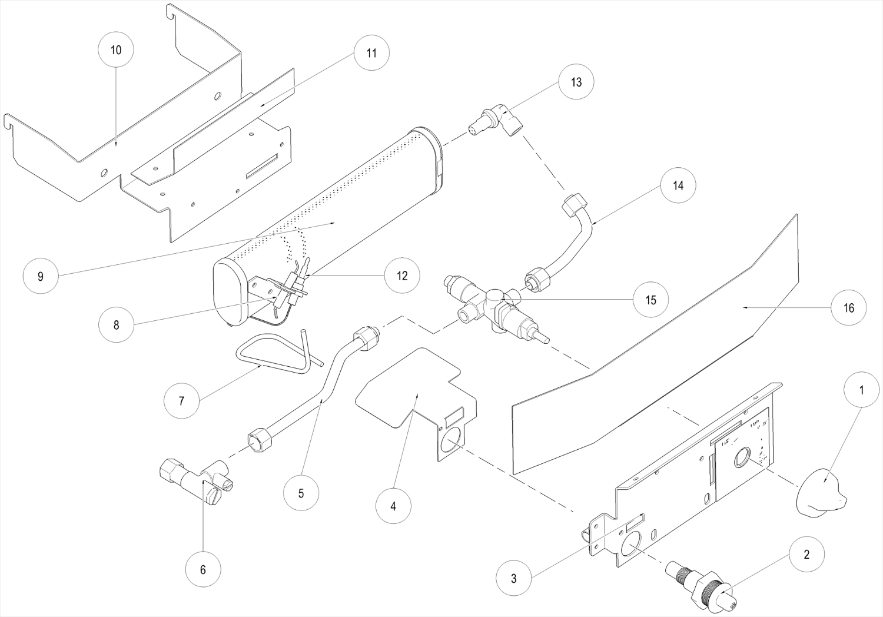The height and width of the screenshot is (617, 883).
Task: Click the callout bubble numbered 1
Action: [862, 389]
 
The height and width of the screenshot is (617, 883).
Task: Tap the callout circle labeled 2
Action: [806, 554]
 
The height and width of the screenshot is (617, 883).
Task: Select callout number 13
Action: [576, 82]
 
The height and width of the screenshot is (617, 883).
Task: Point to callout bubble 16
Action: [849, 308]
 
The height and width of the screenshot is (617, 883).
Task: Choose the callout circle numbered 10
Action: [116, 50]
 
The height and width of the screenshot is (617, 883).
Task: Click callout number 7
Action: [181, 401]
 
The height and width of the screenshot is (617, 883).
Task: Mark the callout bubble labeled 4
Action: [393, 506]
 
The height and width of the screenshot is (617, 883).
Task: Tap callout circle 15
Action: [650, 300]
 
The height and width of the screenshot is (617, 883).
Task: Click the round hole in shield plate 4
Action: [452, 442]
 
